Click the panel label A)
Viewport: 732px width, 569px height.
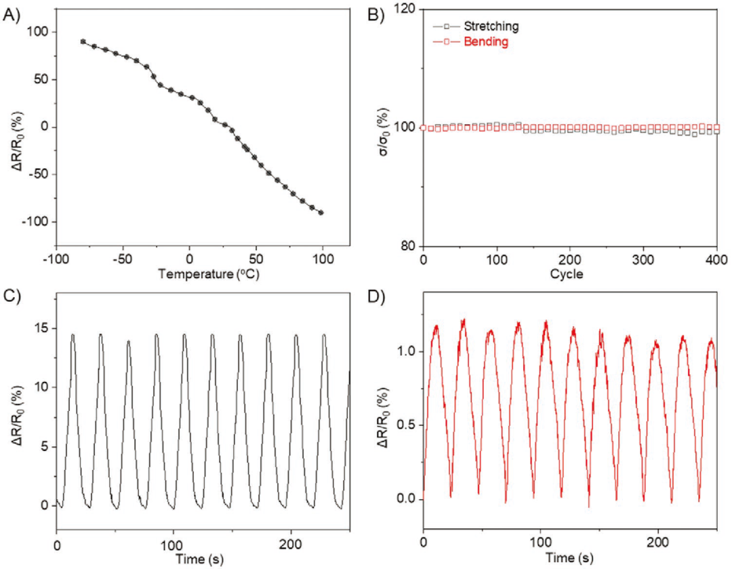point(13,15)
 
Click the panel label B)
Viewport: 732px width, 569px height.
point(375,15)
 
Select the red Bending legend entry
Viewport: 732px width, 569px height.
point(485,42)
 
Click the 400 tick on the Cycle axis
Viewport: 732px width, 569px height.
point(716,260)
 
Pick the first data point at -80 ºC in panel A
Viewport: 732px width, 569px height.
point(83,41)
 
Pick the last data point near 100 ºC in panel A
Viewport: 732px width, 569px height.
point(321,212)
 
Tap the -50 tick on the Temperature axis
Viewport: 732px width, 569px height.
point(123,261)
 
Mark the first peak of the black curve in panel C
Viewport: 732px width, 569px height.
point(73,334)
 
